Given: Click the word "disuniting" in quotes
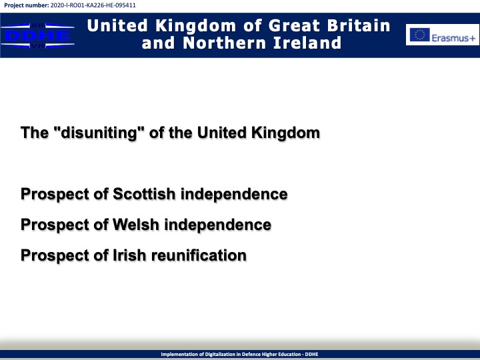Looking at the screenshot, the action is pos(99,133).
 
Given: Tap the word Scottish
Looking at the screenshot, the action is pos(144,194).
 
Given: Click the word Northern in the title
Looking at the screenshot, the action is pos(225,43).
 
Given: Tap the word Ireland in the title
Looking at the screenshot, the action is pos(307,43).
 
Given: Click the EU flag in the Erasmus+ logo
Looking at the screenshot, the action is pos(420,35).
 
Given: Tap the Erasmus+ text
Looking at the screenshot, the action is pos(453,38).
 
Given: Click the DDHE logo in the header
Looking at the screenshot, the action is pos(37,35).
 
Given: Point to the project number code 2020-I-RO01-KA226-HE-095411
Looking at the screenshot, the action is pos(93,5).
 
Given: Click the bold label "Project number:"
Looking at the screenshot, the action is pos(26,5).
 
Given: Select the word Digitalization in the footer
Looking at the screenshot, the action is pos(218,354).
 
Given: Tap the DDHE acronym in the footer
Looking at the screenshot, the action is pos(311,354).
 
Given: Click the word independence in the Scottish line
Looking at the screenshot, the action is pos(234,194).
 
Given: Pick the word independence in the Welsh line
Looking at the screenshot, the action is pos(218,225).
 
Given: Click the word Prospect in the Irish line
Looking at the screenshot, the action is pos(54,255).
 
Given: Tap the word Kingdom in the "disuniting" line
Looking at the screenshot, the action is pos(285,133).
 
